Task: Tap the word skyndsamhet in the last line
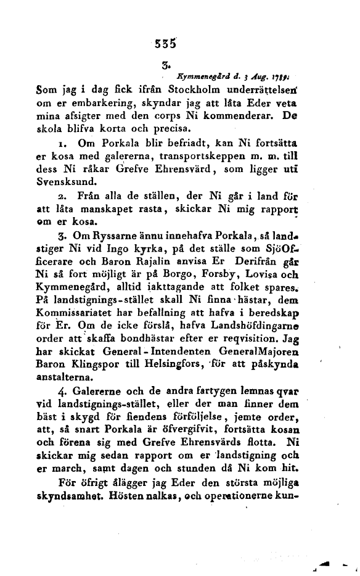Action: (x=62, y=495)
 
